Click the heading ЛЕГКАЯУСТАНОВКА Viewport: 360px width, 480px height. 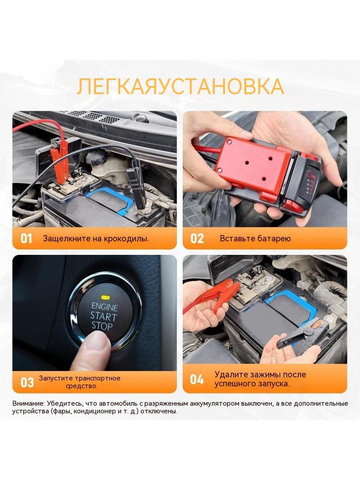180,87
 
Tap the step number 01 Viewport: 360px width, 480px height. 26,239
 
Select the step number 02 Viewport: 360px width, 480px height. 197,239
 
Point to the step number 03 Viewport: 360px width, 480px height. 27,383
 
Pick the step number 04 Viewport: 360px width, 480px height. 197,380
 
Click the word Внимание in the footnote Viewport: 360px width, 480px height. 28,403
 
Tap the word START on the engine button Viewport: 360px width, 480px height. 103,316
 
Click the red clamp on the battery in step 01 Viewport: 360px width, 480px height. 60,159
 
